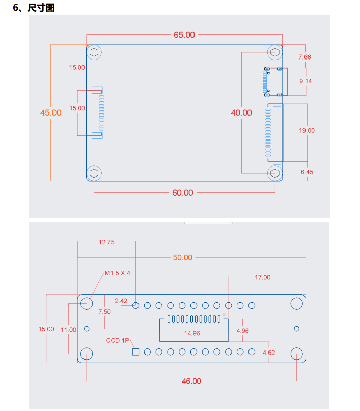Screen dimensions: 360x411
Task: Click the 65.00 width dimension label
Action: pos(184,35)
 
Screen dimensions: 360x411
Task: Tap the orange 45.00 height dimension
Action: pos(50,113)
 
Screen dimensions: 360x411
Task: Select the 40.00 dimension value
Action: pos(241,113)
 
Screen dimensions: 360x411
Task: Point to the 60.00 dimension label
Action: pos(183,193)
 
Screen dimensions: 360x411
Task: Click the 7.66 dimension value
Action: pos(304,57)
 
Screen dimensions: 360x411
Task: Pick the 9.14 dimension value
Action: pos(306,81)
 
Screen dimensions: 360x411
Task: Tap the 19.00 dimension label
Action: pos(307,130)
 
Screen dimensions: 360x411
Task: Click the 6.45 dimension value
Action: pos(307,172)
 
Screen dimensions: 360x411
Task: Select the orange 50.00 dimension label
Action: pos(183,258)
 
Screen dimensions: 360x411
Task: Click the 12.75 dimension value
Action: pos(106,242)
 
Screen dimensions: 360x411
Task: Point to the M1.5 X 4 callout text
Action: pos(118,273)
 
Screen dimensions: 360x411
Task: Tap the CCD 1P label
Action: pos(118,340)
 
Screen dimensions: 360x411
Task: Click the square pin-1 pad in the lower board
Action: pos(135,352)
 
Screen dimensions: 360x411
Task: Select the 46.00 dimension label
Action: pos(191,381)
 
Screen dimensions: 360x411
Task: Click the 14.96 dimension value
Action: pos(192,333)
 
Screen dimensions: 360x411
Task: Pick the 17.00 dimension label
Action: pos(263,277)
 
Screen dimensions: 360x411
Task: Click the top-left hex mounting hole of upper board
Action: pos(94,52)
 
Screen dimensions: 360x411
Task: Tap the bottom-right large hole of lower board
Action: pos(297,354)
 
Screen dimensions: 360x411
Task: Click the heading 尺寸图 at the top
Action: pos(41,8)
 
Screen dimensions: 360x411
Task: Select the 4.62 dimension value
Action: pos(269,353)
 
